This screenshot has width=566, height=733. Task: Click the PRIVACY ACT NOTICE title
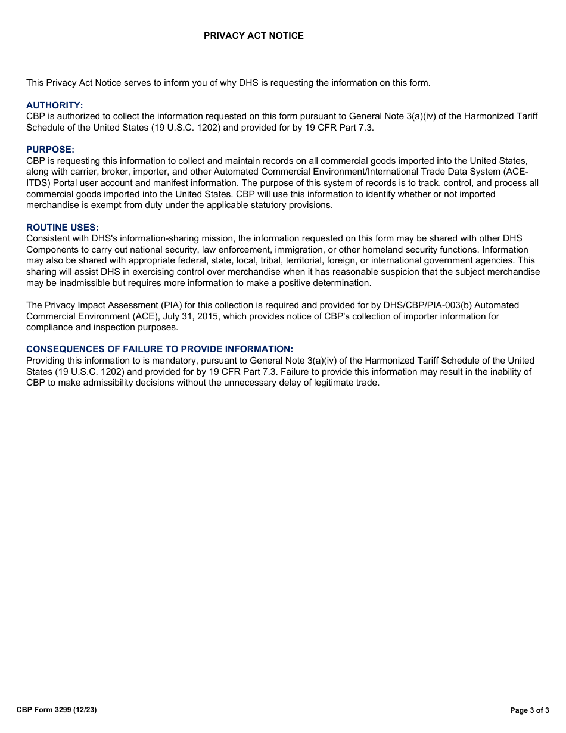tap(253, 36)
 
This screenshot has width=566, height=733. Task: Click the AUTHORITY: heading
tap(54, 105)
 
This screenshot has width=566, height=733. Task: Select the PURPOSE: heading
tap(50, 150)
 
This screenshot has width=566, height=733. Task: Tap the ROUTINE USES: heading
tap(62, 228)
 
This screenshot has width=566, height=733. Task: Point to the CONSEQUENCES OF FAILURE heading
tap(159, 349)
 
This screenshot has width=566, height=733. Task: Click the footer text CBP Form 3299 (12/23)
tap(57, 710)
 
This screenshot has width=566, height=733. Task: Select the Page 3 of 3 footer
tap(530, 710)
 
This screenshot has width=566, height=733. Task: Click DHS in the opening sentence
tap(248, 83)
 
